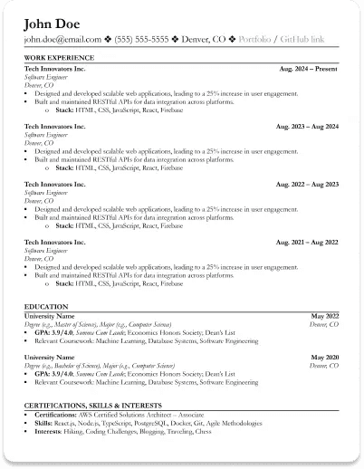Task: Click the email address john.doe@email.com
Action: [62, 40]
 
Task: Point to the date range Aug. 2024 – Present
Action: [309, 67]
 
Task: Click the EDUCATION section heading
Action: [46, 307]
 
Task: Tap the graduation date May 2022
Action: [324, 316]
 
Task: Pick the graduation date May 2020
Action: [324, 358]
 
